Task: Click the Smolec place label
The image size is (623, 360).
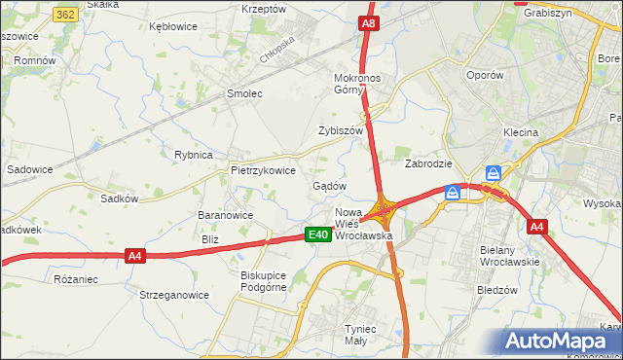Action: point(245,93)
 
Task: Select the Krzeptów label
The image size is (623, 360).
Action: point(264,8)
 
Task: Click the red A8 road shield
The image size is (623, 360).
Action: point(368,23)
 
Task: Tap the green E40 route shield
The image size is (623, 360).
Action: point(316,234)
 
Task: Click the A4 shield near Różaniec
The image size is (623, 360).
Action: point(135,256)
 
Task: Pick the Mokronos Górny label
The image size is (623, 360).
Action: point(361,84)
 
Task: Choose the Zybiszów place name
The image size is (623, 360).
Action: point(341,130)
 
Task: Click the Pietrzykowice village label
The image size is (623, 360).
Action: point(263,169)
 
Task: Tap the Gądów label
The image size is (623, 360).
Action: point(330,186)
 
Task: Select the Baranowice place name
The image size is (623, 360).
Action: point(226,215)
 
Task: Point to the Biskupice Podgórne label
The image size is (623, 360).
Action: point(266,281)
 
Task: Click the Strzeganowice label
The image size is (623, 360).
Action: point(174,294)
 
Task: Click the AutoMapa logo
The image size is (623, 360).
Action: point(561,341)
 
